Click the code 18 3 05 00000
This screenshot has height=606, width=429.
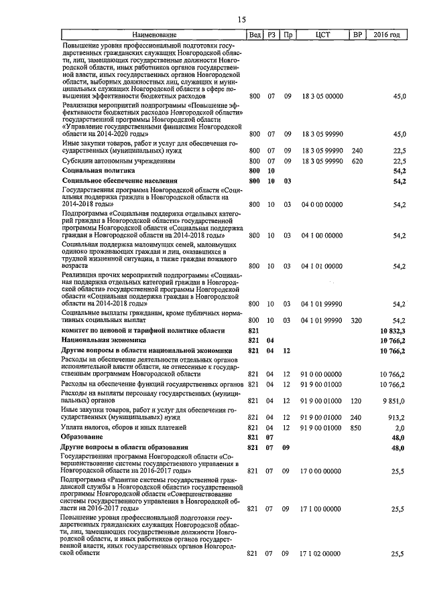click(x=322, y=96)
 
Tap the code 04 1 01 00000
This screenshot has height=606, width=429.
click(x=322, y=267)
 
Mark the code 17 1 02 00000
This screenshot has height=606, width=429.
click(x=322, y=554)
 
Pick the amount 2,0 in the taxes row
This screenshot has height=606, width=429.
click(x=400, y=427)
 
